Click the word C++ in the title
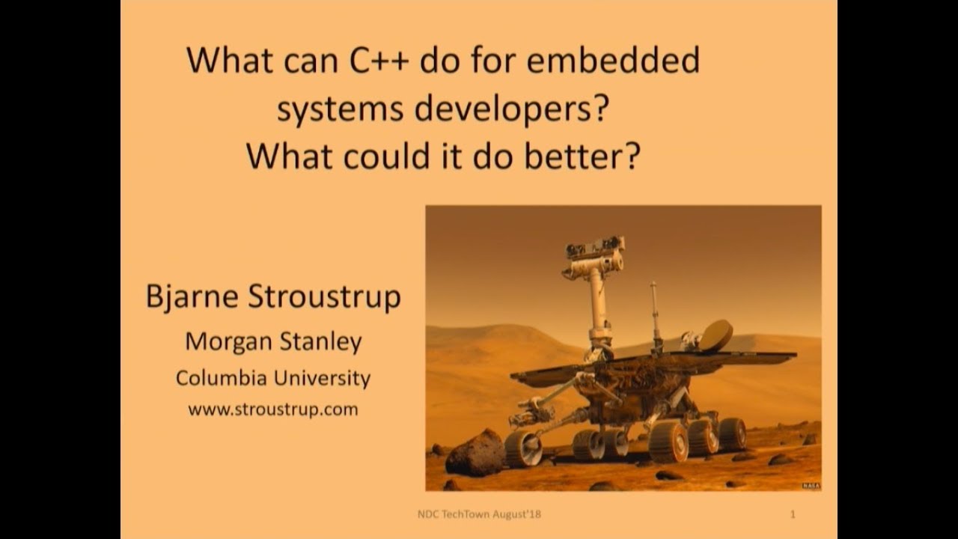click(379, 61)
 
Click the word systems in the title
click(341, 111)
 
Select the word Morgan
click(228, 341)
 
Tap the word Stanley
click(321, 341)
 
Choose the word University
click(322, 378)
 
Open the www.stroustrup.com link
click(272, 409)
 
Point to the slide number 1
click(793, 514)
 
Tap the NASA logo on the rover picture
click(811, 486)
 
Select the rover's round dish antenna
click(715, 335)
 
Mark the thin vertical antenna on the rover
click(654, 314)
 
